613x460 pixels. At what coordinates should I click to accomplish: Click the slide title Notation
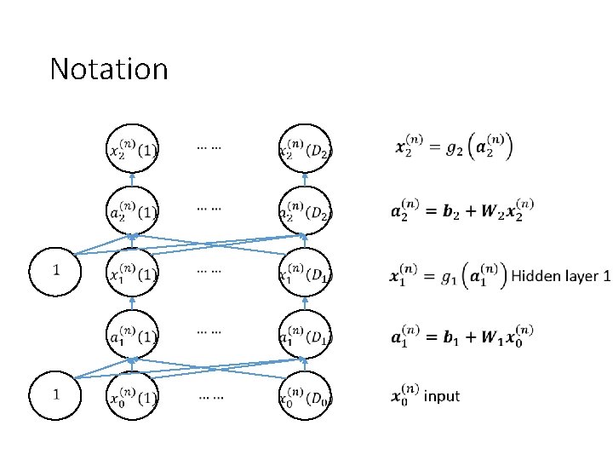pyautogui.click(x=109, y=68)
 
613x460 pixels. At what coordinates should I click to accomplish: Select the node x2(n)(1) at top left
pyautogui.click(x=132, y=149)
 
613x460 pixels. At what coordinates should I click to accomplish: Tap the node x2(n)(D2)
pyautogui.click(x=305, y=149)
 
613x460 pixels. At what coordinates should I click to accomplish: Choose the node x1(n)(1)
pyautogui.click(x=132, y=273)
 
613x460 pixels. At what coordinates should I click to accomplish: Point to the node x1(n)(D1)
pyautogui.click(x=305, y=273)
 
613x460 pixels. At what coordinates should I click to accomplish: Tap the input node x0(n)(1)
pyautogui.click(x=132, y=397)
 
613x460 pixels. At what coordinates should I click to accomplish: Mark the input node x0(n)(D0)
pyautogui.click(x=305, y=397)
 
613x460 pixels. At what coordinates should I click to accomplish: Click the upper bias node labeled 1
pyautogui.click(x=56, y=272)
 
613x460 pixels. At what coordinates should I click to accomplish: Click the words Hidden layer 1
pyautogui.click(x=560, y=276)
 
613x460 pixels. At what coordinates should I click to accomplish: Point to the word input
pyautogui.click(x=441, y=396)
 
